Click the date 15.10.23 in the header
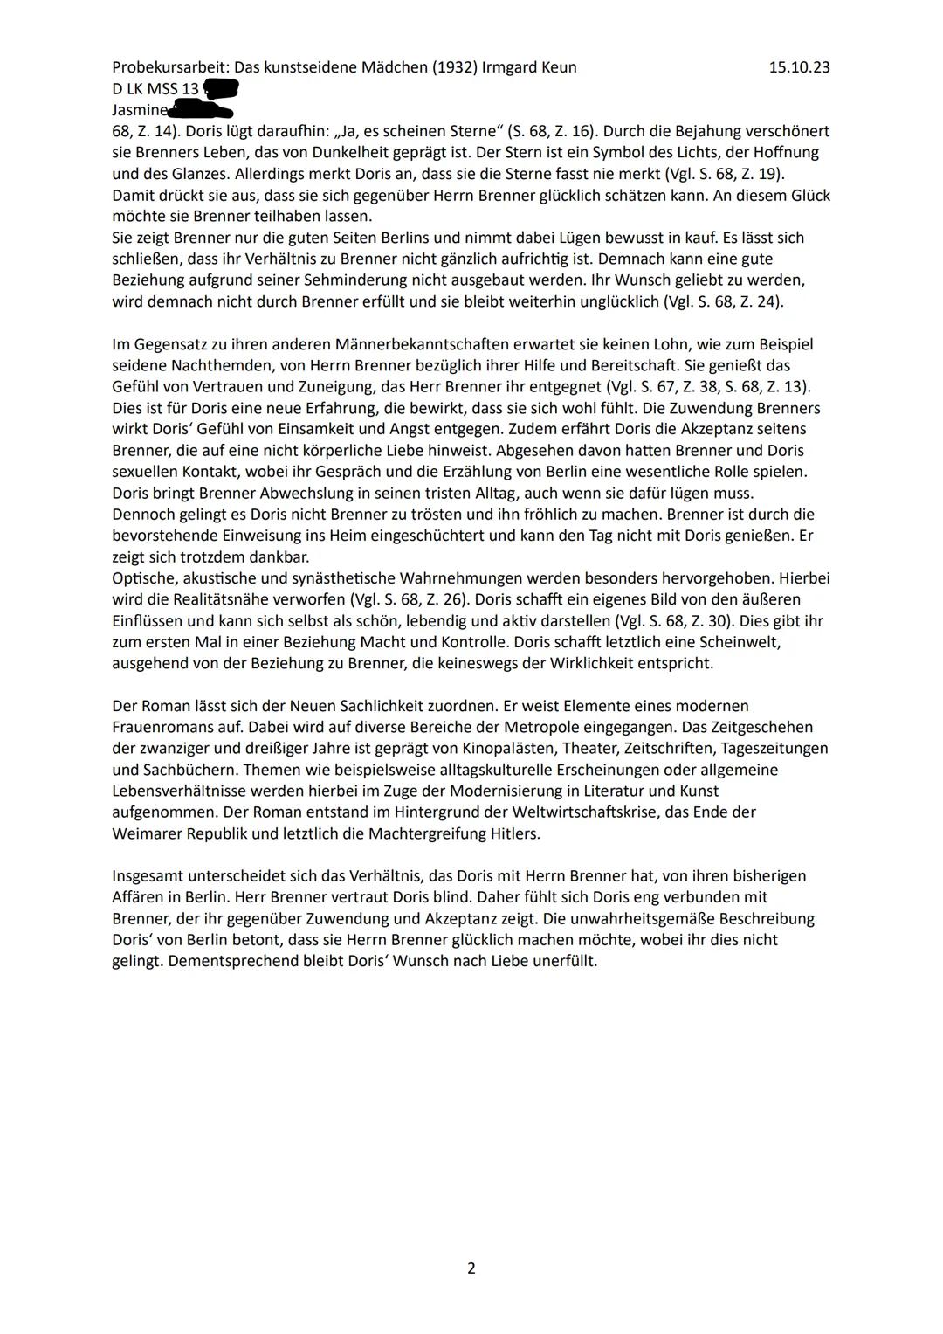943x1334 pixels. (799, 67)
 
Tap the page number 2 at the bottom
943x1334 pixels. (471, 1268)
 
